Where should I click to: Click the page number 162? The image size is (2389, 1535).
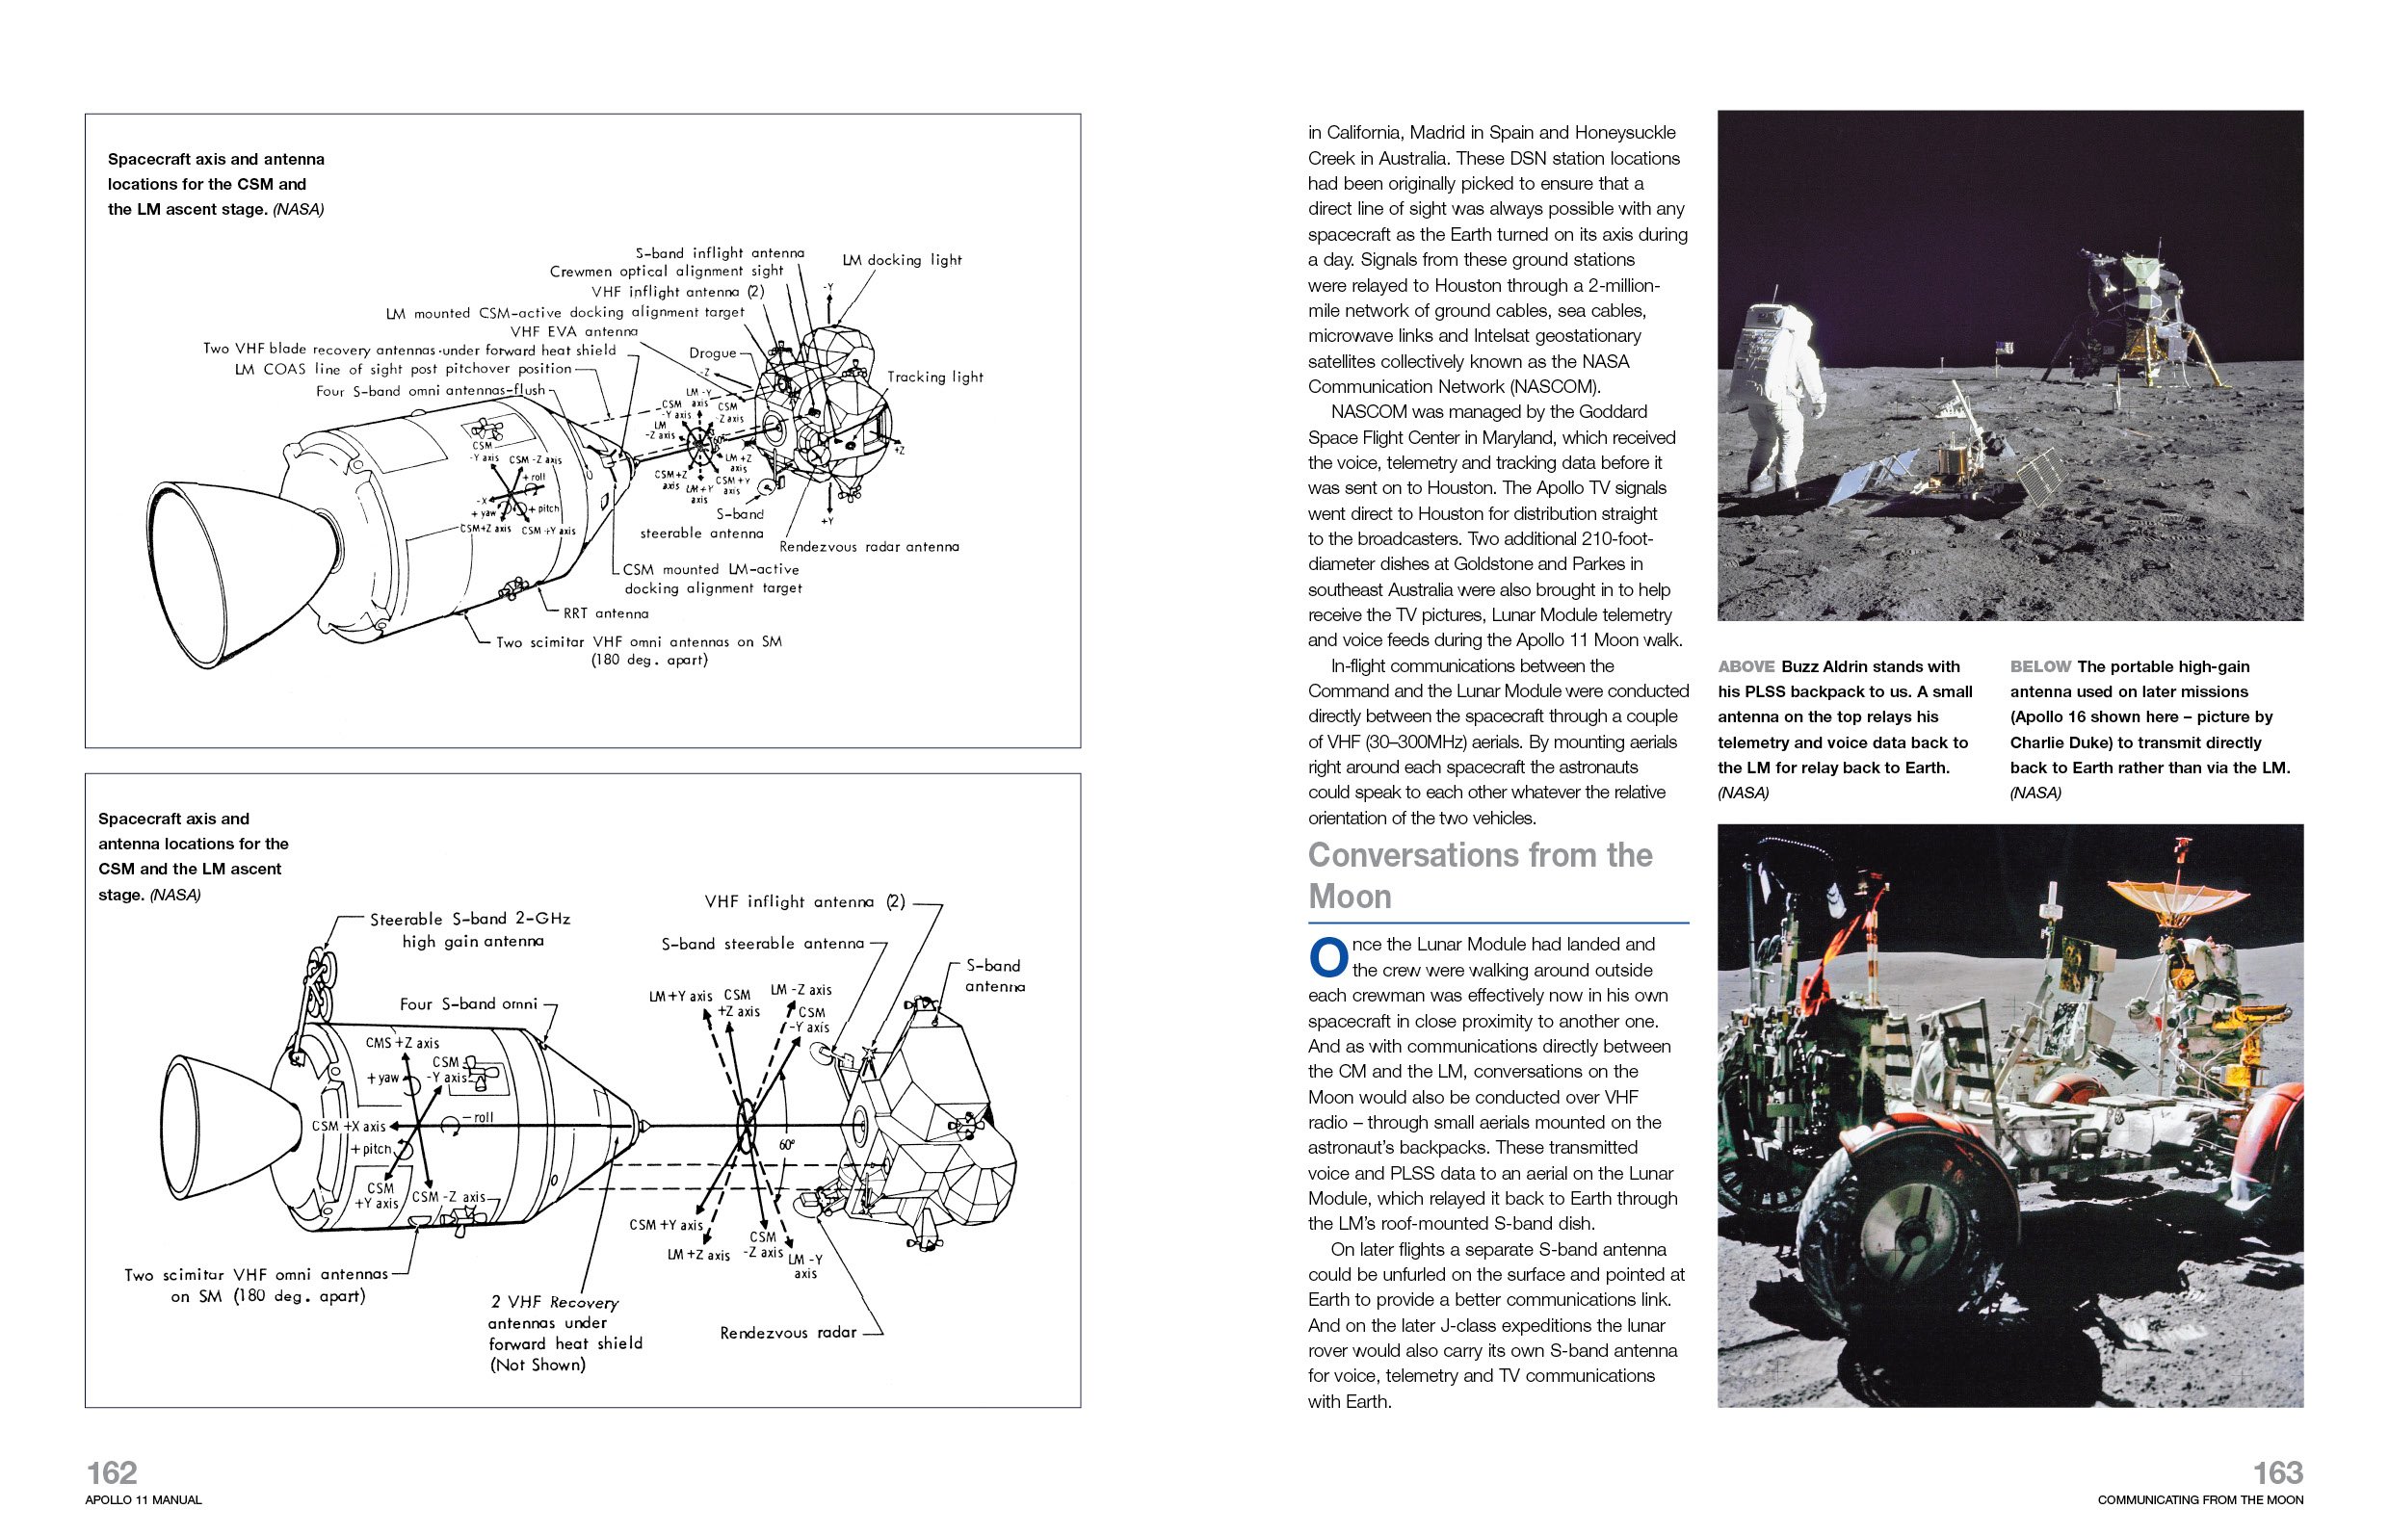(112, 1472)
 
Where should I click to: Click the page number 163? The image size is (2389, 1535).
(2277, 1472)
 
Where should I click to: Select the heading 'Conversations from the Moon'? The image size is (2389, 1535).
(1480, 875)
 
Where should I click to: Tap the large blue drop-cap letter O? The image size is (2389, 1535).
(1327, 958)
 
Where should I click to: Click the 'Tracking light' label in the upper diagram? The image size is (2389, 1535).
(934, 377)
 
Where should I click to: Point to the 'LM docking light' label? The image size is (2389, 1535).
(902, 260)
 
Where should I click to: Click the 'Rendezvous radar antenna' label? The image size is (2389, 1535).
(869, 546)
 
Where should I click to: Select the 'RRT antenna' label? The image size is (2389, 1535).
(605, 613)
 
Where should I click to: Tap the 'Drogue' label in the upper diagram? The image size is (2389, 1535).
(712, 352)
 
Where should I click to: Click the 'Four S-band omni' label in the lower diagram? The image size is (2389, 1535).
(467, 1003)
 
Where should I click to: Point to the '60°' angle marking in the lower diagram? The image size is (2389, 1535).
(787, 1145)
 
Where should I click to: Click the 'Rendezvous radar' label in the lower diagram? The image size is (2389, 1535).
(788, 1332)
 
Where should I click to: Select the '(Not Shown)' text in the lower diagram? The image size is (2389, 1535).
(537, 1365)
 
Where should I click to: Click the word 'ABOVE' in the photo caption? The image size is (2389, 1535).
(1745, 666)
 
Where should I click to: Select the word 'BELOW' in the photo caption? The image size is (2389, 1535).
(2039, 666)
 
